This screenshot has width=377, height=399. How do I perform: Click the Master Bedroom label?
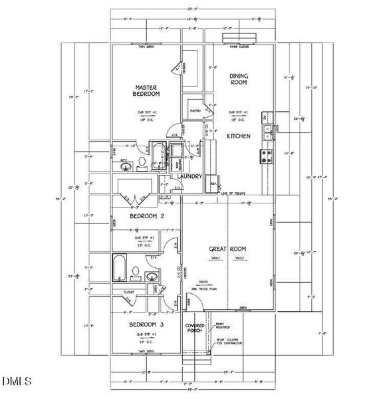[145, 91]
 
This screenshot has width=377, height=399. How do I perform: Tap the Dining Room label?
[239, 80]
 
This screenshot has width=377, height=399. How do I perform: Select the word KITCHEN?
[238, 136]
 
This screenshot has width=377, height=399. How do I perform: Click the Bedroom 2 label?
[146, 217]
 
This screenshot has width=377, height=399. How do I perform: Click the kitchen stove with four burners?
[266, 157]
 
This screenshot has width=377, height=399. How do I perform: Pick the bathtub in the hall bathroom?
[122, 267]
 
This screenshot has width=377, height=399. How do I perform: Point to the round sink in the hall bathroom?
[150, 275]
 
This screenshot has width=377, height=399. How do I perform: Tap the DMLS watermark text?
[17, 381]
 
